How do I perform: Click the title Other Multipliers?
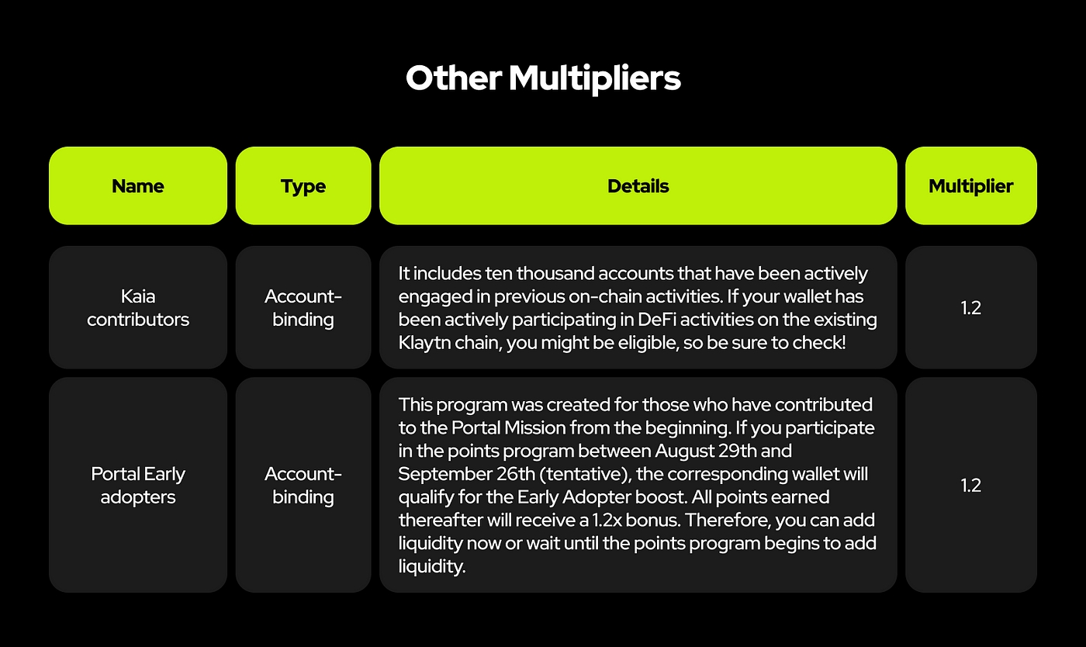pos(543,78)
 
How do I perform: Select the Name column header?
pos(138,185)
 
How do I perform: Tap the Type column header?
pos(303,185)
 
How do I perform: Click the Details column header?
pos(638,185)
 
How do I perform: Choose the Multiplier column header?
pos(970,185)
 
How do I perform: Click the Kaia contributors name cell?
pos(138,307)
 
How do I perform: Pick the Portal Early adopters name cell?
pos(138,485)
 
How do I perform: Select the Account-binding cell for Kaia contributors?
pos(303,307)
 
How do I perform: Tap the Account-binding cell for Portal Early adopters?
pos(303,485)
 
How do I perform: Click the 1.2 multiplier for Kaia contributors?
pos(970,307)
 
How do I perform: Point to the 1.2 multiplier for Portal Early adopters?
pos(970,485)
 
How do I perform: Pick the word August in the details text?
pos(683,452)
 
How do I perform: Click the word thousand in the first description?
pos(555,274)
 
